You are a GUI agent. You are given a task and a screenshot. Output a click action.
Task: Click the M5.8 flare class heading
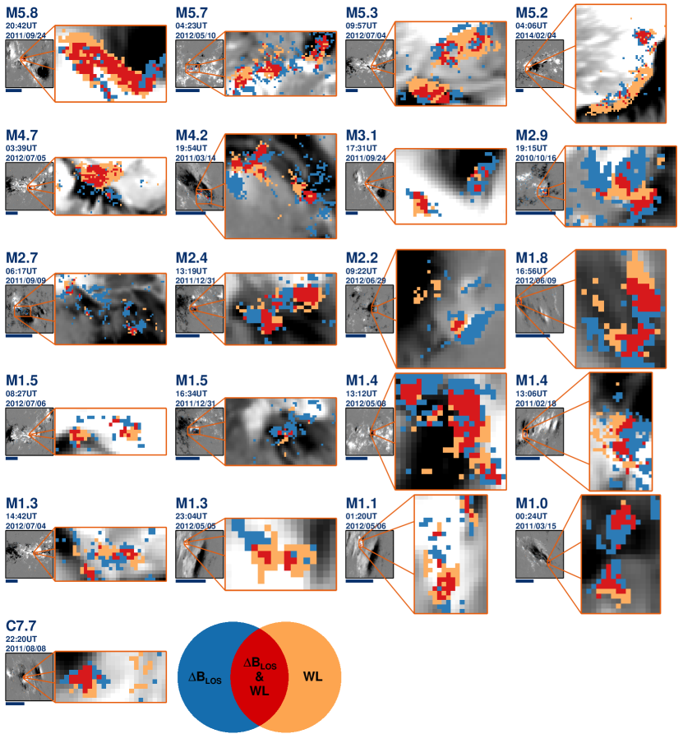coord(22,13)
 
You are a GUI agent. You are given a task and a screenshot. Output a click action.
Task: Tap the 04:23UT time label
coord(192,26)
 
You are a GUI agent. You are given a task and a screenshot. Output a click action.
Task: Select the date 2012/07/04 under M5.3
coord(366,35)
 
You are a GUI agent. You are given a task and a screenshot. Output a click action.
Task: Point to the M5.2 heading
coord(532,13)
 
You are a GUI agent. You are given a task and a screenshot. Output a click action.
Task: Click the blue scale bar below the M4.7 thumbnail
coord(12,213)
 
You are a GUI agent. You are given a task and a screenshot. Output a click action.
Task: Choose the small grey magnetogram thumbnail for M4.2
coord(199,187)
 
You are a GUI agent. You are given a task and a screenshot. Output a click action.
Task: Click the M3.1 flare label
coord(361,136)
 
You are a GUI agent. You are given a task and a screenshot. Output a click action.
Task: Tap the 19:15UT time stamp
coord(531,148)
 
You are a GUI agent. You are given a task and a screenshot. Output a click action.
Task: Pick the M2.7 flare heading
coord(21,258)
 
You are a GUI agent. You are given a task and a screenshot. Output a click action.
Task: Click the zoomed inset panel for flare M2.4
coord(280,308)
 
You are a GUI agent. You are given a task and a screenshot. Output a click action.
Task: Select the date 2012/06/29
coord(366,280)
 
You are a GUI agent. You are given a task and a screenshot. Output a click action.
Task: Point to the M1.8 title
coord(532,258)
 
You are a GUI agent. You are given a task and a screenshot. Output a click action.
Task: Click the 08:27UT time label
coord(21,394)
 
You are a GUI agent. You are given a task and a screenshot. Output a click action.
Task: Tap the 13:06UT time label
coord(531,394)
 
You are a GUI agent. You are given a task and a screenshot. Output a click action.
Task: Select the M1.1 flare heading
coord(361,503)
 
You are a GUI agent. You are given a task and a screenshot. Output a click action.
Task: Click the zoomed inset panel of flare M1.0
coord(621,555)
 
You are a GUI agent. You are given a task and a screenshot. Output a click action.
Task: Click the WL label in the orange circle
coord(313,676)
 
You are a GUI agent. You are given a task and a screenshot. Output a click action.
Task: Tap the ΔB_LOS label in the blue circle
coord(205,678)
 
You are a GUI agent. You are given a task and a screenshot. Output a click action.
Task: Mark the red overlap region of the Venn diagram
coord(259,676)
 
